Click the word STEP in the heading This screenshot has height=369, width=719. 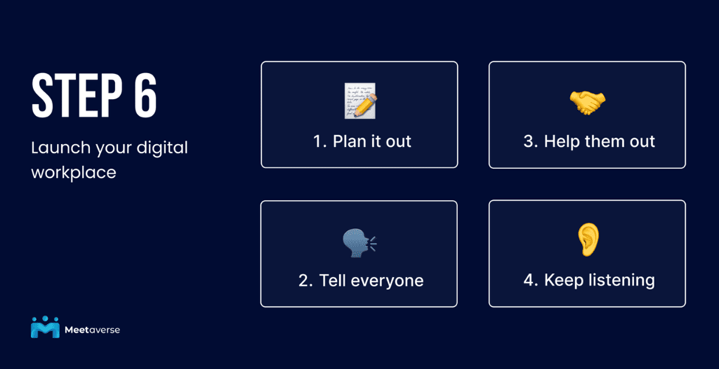click(x=73, y=95)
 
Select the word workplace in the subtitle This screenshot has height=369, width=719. click(x=73, y=173)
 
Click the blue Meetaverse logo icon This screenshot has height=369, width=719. click(x=45, y=327)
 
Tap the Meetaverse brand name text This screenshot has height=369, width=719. click(x=92, y=330)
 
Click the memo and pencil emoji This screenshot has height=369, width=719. click(x=361, y=100)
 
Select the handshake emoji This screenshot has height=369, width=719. click(x=588, y=102)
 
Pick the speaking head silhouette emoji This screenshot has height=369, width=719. click(x=360, y=242)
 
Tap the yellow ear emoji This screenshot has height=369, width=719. click(x=588, y=239)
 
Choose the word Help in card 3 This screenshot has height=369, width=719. click(x=560, y=141)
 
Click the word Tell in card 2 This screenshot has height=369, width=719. click(x=331, y=280)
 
